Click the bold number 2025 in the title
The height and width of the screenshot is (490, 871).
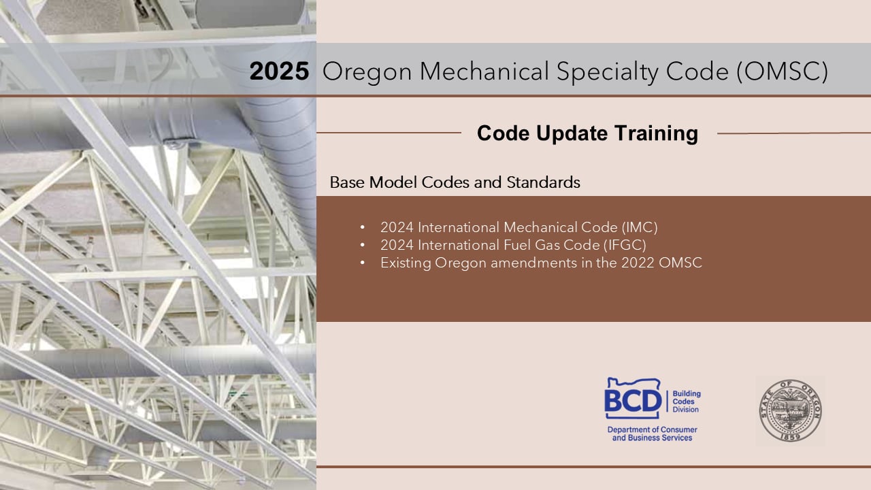point(279,71)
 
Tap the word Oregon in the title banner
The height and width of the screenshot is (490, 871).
point(367,73)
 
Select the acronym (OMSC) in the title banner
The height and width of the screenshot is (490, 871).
point(782,72)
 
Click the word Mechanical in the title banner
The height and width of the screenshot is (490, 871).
point(484,71)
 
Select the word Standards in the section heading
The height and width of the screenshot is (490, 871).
point(543,182)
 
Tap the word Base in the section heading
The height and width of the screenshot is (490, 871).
point(347,182)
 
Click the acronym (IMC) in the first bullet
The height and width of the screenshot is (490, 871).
point(639,227)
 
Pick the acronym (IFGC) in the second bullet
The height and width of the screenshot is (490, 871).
point(625,245)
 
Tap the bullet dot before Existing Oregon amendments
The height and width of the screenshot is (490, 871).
point(363,263)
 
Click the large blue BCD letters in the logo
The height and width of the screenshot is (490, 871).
point(633,401)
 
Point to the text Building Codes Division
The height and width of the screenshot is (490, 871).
point(687,402)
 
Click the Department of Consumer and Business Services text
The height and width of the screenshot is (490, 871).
point(652,434)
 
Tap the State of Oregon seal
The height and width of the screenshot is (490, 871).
point(791,410)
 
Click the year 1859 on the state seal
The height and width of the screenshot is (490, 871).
point(791,437)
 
